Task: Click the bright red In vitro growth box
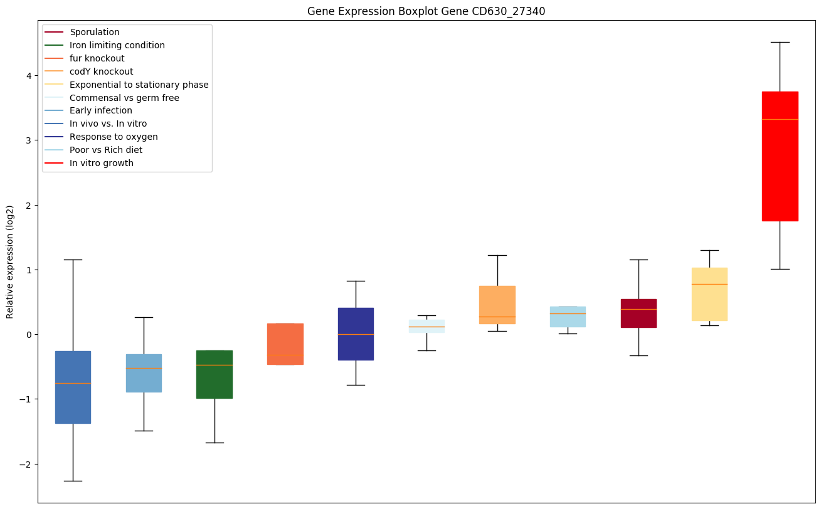[780, 156]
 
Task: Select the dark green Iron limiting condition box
[215, 374]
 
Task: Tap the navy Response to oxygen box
[356, 333]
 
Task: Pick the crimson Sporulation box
[638, 313]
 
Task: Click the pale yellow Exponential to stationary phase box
[709, 294]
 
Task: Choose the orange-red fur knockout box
[285, 344]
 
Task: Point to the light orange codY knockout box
[497, 305]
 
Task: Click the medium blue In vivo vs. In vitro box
[73, 387]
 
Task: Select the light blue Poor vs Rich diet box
[568, 317]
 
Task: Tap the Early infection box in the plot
[144, 373]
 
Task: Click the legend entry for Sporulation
[94, 32]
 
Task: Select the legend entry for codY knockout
[101, 71]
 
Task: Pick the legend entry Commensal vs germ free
[124, 98]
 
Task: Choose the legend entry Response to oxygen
[114, 137]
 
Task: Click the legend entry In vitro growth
[102, 163]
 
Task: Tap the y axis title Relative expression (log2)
[10, 261]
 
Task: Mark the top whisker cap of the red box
[780, 42]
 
